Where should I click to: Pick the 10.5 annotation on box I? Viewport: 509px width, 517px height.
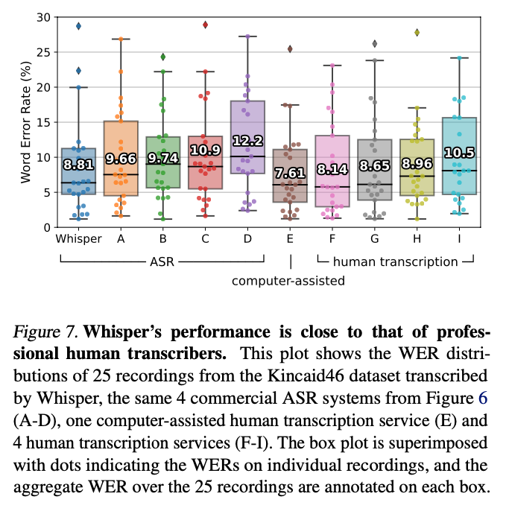(459, 153)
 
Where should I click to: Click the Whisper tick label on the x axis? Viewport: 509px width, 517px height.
(78, 239)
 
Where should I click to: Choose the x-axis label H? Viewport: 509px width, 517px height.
(417, 239)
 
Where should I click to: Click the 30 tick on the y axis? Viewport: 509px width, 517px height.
(45, 17)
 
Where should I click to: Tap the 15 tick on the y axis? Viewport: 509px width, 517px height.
(45, 122)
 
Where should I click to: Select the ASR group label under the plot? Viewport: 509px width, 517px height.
(162, 261)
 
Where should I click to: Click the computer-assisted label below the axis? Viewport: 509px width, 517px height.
(290, 280)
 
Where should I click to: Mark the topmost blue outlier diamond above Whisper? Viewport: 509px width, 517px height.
(78, 26)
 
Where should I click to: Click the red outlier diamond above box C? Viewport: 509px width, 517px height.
(205, 25)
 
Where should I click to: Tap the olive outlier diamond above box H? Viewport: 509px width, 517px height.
(417, 32)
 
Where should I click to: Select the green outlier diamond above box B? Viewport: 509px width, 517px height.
(163, 57)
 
